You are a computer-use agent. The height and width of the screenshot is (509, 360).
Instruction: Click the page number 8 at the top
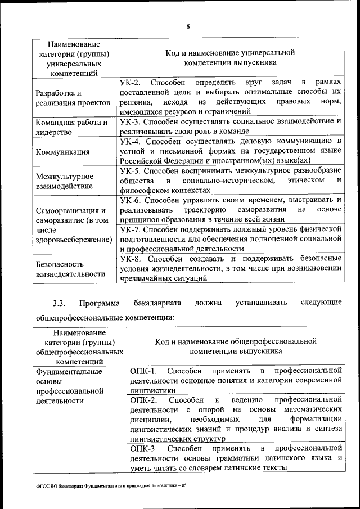pyautogui.click(x=188, y=26)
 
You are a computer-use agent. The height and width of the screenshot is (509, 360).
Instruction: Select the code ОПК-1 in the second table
pyautogui.click(x=143, y=370)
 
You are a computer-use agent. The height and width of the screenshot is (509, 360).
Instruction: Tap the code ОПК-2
pyautogui.click(x=143, y=399)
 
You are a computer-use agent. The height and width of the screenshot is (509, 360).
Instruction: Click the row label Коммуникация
pyautogui.click(x=62, y=152)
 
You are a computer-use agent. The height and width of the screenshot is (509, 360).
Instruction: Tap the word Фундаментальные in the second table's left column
pyautogui.click(x=68, y=371)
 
